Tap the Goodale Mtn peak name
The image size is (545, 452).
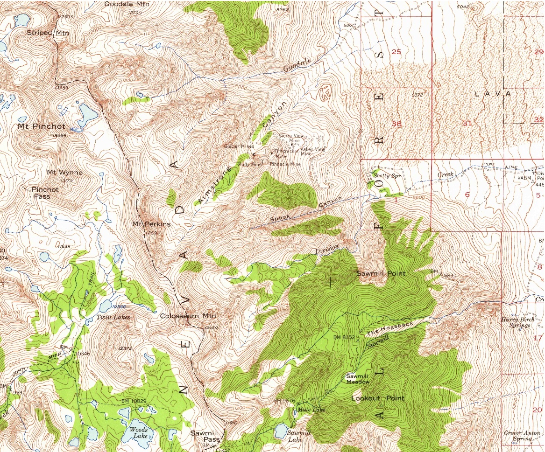[x=123, y=4]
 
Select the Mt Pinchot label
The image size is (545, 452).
[x=42, y=126]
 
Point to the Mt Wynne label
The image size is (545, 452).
[x=64, y=173]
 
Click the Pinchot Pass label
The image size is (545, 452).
[x=45, y=193]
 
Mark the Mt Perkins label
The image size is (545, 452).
[x=151, y=224]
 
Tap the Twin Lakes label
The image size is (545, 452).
[x=113, y=317]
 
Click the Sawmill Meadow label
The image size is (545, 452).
[x=358, y=379]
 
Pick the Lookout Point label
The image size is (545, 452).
[x=378, y=398]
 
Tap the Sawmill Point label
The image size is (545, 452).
[x=381, y=273]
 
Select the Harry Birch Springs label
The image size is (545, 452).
[x=516, y=322]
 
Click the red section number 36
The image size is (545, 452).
[x=396, y=124]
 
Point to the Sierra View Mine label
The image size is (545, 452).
[x=291, y=138]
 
